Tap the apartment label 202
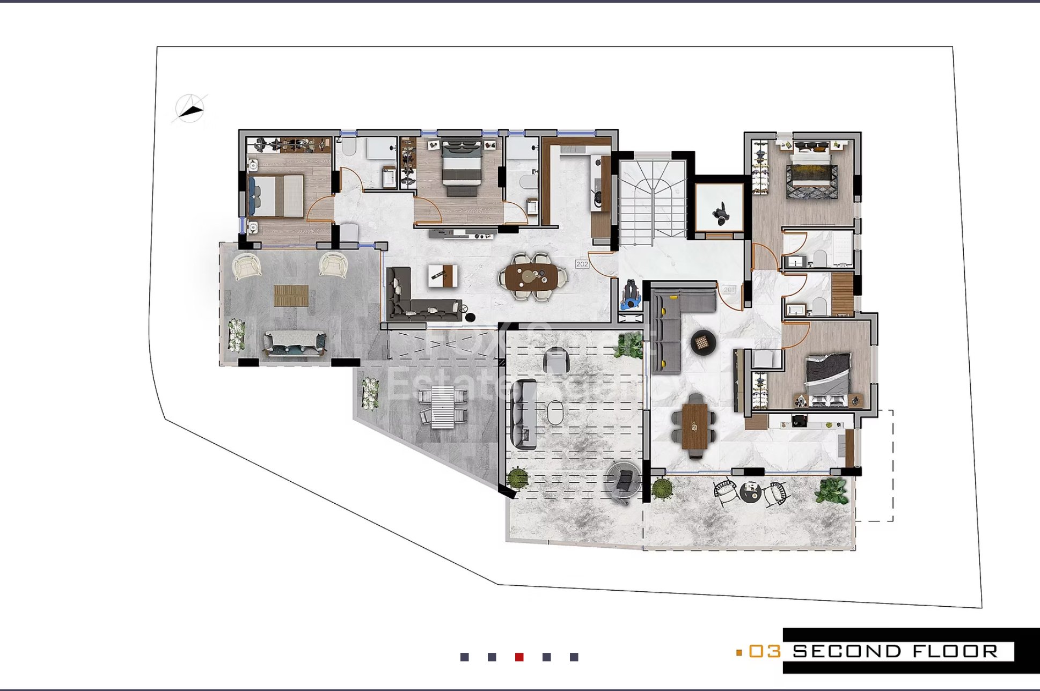[582, 264]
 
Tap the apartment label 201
[729, 290]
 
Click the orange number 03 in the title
[764, 651]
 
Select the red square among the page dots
[519, 657]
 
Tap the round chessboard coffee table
[702, 342]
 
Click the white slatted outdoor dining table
[443, 407]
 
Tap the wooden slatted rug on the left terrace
[291, 295]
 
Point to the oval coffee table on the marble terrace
[555, 414]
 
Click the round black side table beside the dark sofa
[471, 317]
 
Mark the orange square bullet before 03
[739, 652]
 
